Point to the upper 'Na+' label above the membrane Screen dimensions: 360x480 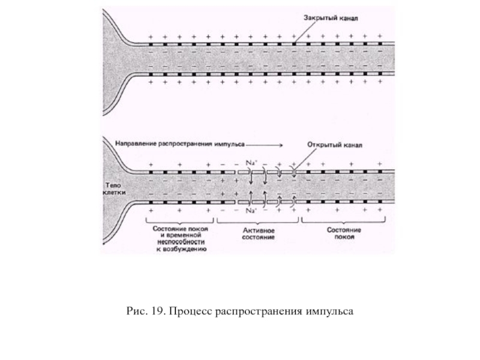251,163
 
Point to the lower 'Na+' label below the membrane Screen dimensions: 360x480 251,212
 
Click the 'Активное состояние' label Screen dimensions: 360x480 259,234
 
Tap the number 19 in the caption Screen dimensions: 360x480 154,312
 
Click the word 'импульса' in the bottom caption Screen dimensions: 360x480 329,312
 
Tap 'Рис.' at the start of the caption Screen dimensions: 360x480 135,312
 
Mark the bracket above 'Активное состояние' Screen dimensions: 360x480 259,223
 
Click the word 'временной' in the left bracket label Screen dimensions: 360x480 184,237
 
